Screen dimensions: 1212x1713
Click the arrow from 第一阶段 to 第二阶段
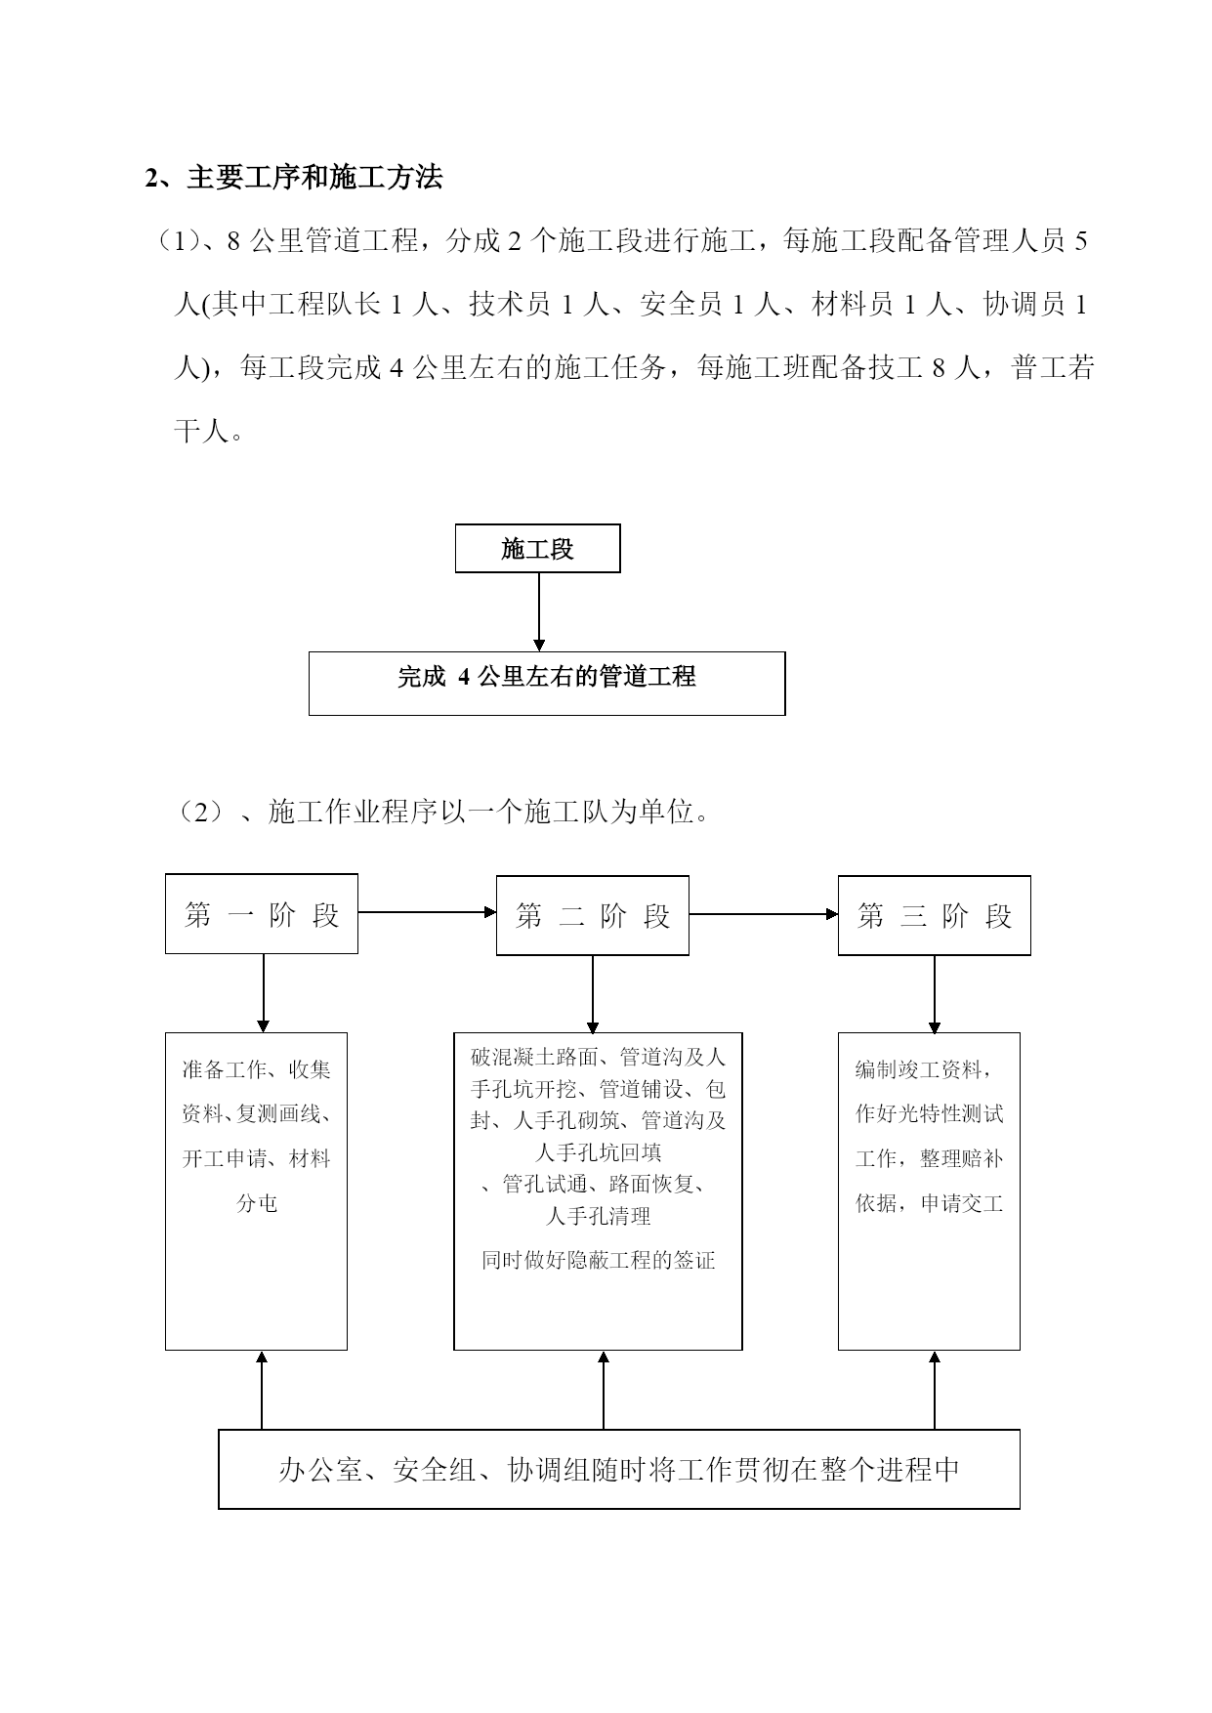pyautogui.click(x=428, y=912)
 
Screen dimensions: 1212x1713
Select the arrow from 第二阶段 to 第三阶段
pyautogui.click(x=764, y=914)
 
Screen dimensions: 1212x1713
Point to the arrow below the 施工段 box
pyautogui.click(x=538, y=612)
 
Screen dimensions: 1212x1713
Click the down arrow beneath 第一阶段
pyautogui.click(x=263, y=993)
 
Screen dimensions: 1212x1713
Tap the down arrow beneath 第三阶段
pyautogui.click(x=935, y=994)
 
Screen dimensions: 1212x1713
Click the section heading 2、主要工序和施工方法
pyautogui.click(x=294, y=178)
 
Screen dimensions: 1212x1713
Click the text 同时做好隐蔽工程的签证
pyautogui.click(x=599, y=1260)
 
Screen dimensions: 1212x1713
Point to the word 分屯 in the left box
pyautogui.click(x=258, y=1203)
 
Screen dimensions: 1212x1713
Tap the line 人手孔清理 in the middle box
pyautogui.click(x=599, y=1216)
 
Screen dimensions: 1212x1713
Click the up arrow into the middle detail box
pyautogui.click(x=604, y=1391)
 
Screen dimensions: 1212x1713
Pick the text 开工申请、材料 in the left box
pyautogui.click(x=257, y=1158)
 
